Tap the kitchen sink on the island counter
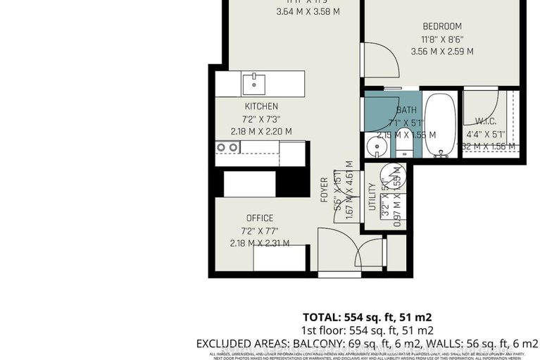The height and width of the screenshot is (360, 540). [253, 85]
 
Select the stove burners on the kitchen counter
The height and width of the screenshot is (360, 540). [227, 147]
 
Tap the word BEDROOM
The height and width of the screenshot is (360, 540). [442, 26]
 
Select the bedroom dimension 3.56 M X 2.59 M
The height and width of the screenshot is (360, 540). [442, 51]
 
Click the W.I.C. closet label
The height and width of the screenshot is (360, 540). [486, 120]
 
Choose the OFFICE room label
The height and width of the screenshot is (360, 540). [260, 218]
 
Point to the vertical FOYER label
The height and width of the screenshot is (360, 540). [325, 190]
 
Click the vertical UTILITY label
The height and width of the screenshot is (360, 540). [372, 197]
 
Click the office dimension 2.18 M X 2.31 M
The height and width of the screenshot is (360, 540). [260, 243]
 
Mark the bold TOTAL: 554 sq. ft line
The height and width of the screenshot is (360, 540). [368, 316]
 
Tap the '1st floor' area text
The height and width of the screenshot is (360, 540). [368, 330]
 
